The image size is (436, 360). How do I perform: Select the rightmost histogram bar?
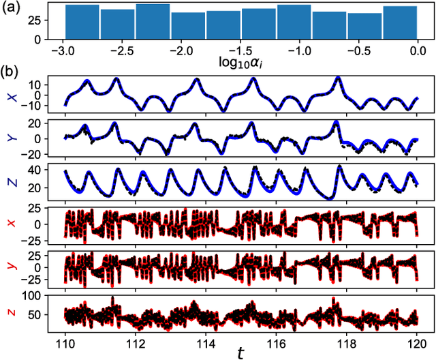coord(400,22)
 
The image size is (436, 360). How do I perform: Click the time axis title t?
coord(240,350)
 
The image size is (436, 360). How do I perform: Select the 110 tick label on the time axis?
coord(64,338)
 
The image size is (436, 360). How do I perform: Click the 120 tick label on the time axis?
coord(417,338)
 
